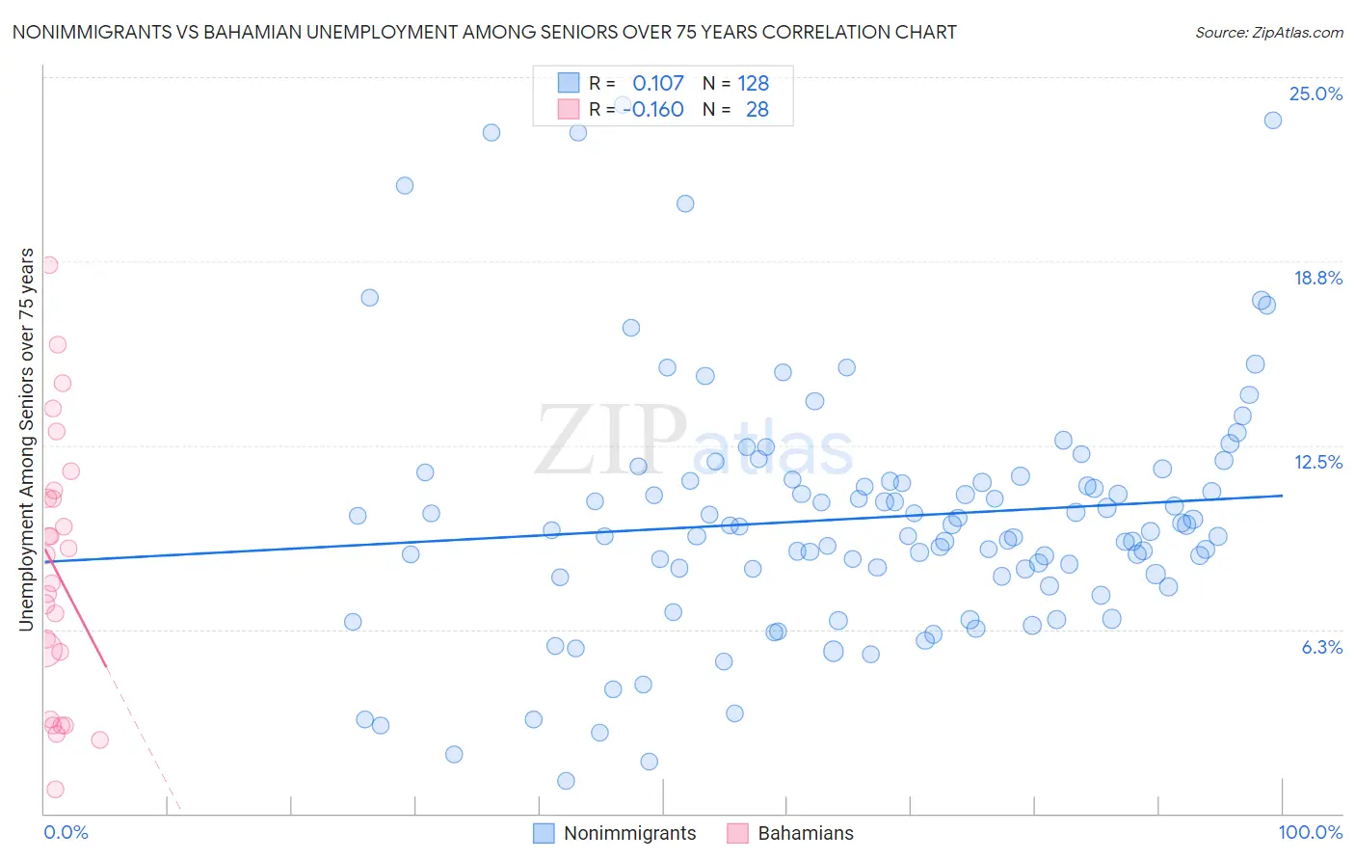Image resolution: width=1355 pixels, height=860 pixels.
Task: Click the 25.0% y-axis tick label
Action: click(x=1315, y=94)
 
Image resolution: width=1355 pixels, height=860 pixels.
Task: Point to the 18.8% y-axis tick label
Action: click(x=1317, y=278)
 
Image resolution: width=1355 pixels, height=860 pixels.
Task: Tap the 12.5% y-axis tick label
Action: click(x=1317, y=462)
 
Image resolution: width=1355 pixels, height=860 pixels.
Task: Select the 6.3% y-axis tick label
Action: click(x=1321, y=647)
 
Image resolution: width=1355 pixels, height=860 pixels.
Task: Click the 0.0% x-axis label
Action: click(x=66, y=832)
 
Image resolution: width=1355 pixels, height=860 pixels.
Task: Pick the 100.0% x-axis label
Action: click(x=1310, y=832)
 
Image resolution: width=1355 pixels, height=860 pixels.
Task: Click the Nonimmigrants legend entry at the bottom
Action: click(x=629, y=833)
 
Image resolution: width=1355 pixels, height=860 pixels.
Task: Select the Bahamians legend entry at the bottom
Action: click(x=805, y=833)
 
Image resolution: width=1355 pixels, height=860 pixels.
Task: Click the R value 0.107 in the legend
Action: click(x=658, y=83)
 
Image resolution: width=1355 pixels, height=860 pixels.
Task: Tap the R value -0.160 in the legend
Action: click(x=653, y=109)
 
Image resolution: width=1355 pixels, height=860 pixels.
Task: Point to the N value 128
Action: click(x=753, y=83)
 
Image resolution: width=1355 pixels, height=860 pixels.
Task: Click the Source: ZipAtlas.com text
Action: click(x=1268, y=32)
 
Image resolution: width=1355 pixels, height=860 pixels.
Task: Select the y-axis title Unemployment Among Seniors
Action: click(x=26, y=439)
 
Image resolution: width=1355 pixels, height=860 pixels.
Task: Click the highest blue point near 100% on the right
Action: click(x=1272, y=121)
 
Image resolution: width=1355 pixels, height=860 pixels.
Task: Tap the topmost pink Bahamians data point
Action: click(x=49, y=265)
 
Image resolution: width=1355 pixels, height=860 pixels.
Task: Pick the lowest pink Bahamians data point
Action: click(x=55, y=789)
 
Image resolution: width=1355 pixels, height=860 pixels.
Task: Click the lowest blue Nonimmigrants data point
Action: click(x=566, y=781)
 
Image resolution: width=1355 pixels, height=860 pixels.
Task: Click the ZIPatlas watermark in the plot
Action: click(x=694, y=441)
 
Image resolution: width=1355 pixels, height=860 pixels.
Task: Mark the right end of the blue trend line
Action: click(x=1282, y=495)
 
